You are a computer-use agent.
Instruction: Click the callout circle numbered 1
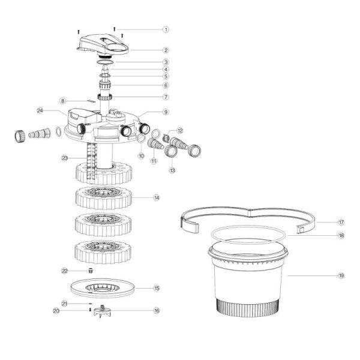coord(166,29)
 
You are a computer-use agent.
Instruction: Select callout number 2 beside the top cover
coord(166,50)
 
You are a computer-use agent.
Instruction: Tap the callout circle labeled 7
coord(166,97)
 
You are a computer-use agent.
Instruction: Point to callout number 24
coord(40,110)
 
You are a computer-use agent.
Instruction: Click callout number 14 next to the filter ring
coord(157,197)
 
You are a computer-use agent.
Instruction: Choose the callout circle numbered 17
coord(341,222)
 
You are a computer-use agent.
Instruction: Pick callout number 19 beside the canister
coord(341,275)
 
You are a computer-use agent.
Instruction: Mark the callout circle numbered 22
coord(65,271)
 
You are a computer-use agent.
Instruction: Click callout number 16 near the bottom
coord(157,311)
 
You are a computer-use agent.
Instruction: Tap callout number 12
coord(180,131)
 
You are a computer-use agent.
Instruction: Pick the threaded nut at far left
coord(20,136)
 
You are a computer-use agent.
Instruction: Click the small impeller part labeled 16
coord(103,311)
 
